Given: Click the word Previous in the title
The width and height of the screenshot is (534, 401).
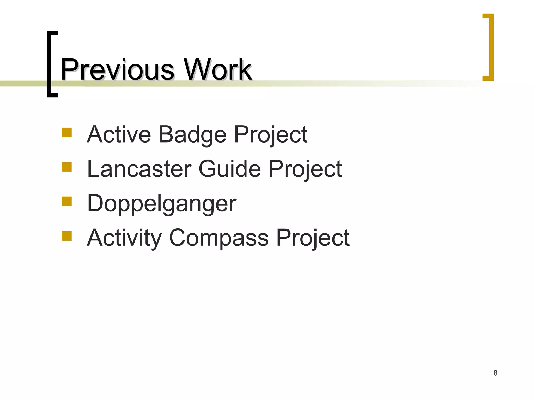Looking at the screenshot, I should tap(117, 70).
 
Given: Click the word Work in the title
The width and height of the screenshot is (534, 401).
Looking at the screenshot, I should tap(218, 70).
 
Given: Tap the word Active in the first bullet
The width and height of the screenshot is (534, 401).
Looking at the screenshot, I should tap(119, 134).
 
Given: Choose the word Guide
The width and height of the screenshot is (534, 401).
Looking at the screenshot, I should tap(230, 169).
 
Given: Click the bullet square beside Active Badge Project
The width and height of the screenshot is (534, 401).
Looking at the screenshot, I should tap(67, 132).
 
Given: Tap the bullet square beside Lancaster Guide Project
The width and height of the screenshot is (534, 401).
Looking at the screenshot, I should tap(67, 167).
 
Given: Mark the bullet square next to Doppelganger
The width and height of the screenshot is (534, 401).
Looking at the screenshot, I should tap(67, 202).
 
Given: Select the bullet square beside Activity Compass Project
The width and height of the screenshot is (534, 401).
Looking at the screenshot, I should tap(67, 236).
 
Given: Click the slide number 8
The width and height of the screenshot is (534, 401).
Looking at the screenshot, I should tap(495, 373).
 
